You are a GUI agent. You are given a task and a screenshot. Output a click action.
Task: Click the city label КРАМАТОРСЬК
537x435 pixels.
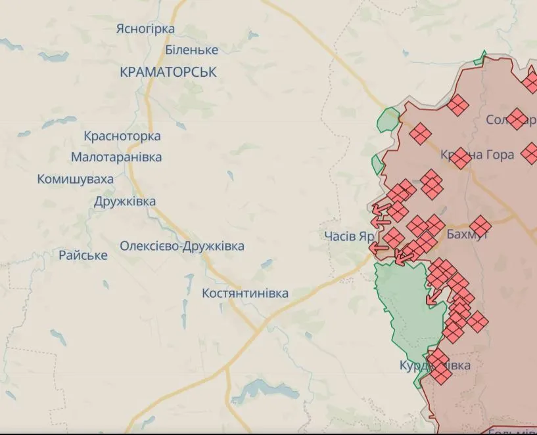tap(168, 72)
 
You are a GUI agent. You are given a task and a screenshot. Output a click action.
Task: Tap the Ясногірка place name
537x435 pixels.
tap(145, 29)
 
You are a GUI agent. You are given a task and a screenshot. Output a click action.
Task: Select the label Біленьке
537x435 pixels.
tap(191, 50)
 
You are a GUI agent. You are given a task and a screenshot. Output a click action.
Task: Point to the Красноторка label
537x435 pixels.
tap(122, 136)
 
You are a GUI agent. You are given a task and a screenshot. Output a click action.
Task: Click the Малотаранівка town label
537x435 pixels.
tap(116, 157)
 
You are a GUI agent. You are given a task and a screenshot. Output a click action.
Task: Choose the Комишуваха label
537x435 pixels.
tap(76, 179)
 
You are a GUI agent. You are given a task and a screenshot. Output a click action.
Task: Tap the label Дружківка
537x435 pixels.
tap(125, 201)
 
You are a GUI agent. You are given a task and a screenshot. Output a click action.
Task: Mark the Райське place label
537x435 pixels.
tap(83, 255)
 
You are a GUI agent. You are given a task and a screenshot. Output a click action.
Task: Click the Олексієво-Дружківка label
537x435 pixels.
tap(182, 246)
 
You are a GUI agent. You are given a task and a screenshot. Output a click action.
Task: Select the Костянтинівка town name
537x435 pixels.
tap(245, 293)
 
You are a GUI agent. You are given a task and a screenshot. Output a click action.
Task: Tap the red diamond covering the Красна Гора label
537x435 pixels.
tap(460, 157)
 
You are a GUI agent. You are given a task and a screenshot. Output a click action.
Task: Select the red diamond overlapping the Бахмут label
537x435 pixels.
tap(480, 226)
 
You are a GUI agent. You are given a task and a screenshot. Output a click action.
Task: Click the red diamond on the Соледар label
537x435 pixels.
tap(517, 119)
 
